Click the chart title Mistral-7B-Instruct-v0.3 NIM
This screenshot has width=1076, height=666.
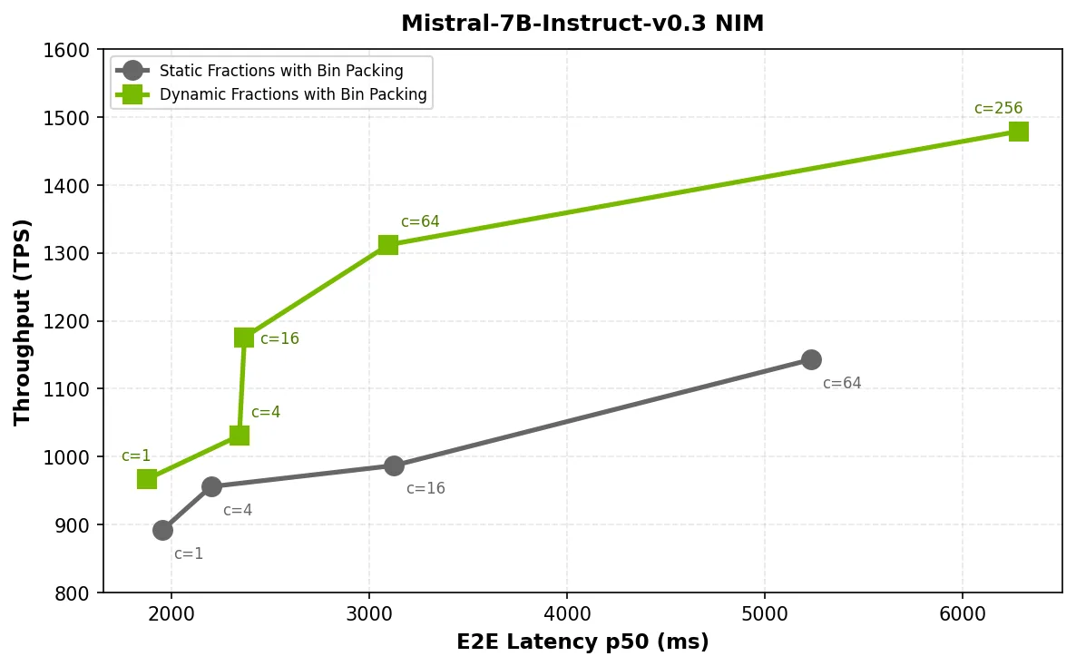[582, 24]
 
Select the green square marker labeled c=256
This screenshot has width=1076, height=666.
[1018, 132]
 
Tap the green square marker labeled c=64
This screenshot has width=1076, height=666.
[388, 245]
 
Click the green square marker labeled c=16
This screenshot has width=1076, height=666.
[244, 338]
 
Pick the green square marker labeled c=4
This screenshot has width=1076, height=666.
[240, 436]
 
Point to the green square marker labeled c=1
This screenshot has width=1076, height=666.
[147, 479]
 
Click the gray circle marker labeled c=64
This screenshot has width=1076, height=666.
[811, 359]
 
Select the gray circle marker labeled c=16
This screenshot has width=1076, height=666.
[394, 465]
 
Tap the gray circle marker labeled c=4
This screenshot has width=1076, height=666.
[211, 486]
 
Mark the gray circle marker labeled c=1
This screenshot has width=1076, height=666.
[162, 530]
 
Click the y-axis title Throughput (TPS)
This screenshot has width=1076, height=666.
[23, 321]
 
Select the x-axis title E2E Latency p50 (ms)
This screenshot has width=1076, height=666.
[582, 642]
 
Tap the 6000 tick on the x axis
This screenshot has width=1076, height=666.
[963, 612]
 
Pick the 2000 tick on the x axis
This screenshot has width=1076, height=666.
[171, 612]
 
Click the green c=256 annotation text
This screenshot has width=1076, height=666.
[998, 109]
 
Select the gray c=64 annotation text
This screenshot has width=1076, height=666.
[842, 384]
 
